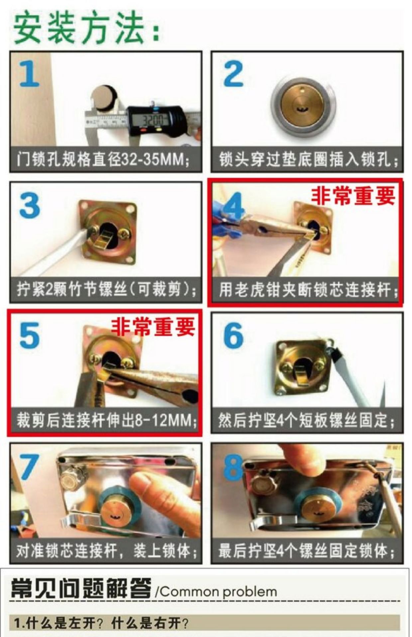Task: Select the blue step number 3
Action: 30,206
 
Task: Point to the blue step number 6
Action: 234,335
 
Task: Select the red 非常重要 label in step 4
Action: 353,196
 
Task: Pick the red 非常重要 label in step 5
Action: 153,326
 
